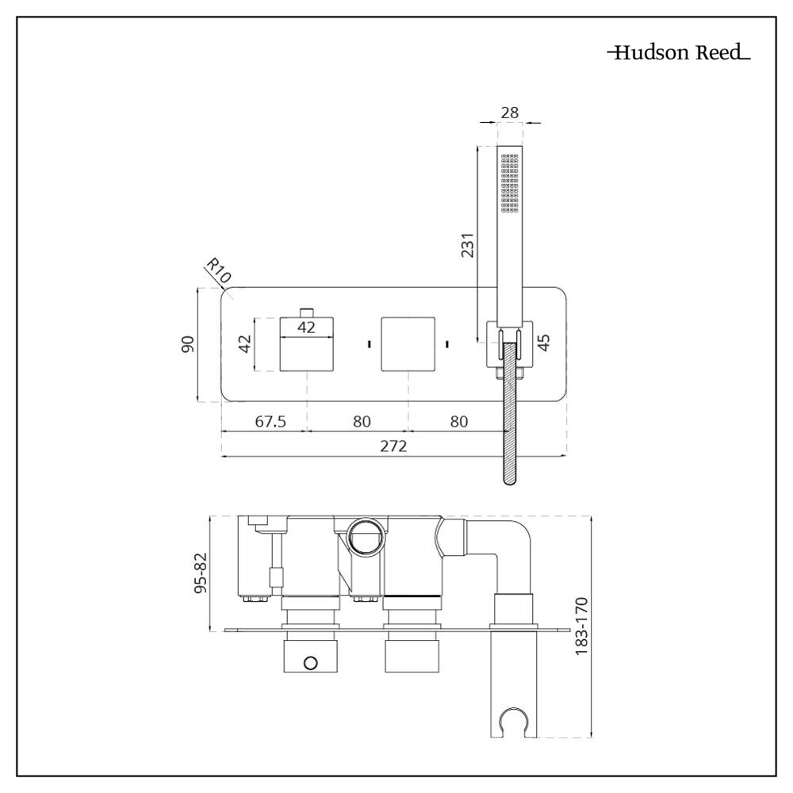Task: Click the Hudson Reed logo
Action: [679, 55]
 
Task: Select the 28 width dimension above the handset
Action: [510, 113]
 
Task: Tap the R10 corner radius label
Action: [217, 270]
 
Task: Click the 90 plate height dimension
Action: [188, 344]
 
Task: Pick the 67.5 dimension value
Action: [270, 421]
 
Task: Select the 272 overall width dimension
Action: [393, 446]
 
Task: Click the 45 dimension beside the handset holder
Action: [544, 343]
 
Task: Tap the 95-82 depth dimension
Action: [201, 573]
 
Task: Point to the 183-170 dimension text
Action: [581, 626]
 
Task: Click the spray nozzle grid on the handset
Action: [509, 183]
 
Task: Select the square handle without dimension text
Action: [408, 343]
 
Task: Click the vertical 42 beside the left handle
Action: [245, 344]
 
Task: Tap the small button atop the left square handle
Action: [308, 310]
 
